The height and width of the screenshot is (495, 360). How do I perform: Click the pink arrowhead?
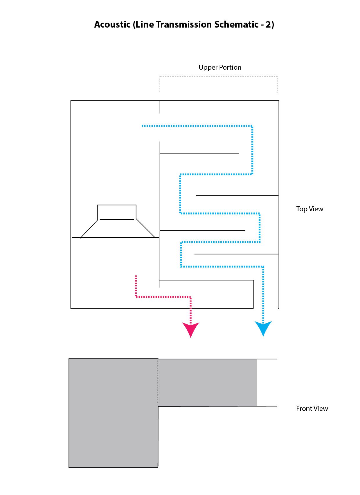click(190, 329)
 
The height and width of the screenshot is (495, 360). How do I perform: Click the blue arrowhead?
click(263, 328)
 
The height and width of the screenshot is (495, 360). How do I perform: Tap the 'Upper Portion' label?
click(220, 67)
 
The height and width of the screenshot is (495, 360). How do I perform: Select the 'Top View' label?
click(309, 209)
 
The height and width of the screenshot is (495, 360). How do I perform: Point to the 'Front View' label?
click(312, 409)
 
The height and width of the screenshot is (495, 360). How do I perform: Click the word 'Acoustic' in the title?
click(112, 24)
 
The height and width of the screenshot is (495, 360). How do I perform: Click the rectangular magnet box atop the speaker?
click(117, 212)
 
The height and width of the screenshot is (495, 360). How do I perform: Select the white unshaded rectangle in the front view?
click(267, 382)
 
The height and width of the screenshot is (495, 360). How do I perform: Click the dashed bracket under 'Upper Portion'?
click(218, 76)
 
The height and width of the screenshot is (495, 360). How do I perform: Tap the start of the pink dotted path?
click(136, 276)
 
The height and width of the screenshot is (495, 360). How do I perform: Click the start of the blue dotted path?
click(143, 126)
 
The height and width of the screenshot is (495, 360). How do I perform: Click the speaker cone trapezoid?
click(117, 229)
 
